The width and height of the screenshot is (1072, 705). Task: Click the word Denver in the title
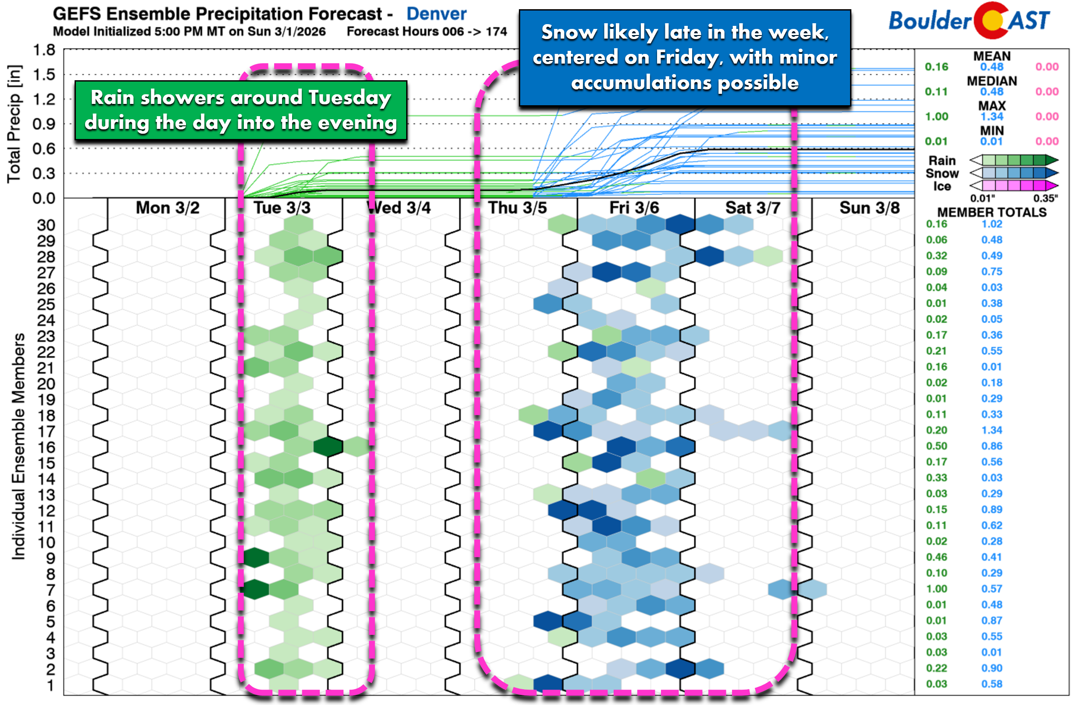(x=436, y=14)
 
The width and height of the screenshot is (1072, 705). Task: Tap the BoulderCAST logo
(x=968, y=21)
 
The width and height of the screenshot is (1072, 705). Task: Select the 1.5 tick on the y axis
(x=44, y=74)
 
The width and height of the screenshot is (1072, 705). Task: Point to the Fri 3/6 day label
(x=634, y=208)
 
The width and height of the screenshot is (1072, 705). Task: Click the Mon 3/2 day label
(x=168, y=208)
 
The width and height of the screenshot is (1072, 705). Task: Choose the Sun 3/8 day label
(x=869, y=208)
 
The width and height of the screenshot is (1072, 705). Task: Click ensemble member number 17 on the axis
(x=46, y=432)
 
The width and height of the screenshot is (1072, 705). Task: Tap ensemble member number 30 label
(x=46, y=225)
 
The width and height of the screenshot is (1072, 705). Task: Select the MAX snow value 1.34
(x=992, y=117)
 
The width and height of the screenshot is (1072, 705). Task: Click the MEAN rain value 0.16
(x=936, y=67)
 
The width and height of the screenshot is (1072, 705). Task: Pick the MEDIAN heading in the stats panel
(x=992, y=81)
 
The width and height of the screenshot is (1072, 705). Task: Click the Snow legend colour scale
(x=1014, y=173)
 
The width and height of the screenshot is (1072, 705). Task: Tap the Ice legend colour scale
(x=1014, y=186)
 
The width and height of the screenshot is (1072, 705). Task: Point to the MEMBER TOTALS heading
(x=992, y=212)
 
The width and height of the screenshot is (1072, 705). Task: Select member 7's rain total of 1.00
(x=936, y=589)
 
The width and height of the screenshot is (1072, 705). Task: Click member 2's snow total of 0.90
(x=992, y=668)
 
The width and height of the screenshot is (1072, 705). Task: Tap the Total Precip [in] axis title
(x=14, y=124)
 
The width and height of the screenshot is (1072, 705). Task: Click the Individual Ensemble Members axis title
(x=18, y=446)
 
